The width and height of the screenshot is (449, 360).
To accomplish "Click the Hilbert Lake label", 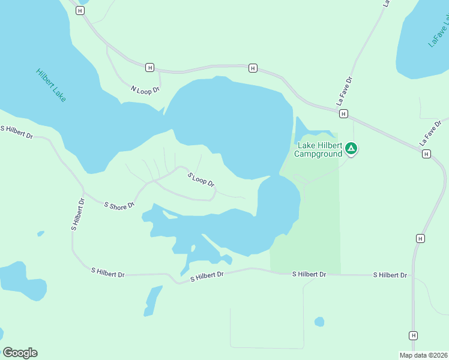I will pyautogui.click(x=51, y=85).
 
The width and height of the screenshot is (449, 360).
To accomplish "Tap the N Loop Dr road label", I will pyautogui.click(x=145, y=89).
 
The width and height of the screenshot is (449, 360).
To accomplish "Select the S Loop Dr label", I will pyautogui.click(x=200, y=179).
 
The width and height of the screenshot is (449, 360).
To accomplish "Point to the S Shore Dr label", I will pyautogui.click(x=119, y=206).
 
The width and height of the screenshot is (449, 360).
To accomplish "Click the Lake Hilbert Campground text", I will pyautogui.click(x=318, y=149).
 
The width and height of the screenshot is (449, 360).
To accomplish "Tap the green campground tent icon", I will pyautogui.click(x=351, y=148).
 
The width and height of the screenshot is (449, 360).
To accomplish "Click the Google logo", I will pyautogui.click(x=20, y=353).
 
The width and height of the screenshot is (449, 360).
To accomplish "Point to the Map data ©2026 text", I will pyautogui.click(x=423, y=355).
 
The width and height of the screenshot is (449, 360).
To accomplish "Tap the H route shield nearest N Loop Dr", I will pyautogui.click(x=149, y=67).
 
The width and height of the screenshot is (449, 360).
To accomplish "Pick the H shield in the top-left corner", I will pyautogui.click(x=80, y=11).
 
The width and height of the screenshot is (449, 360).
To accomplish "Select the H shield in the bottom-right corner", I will pyautogui.click(x=413, y=335).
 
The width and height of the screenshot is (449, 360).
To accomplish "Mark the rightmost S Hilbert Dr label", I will pyautogui.click(x=390, y=275).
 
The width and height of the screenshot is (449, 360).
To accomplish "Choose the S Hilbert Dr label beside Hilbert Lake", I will pyautogui.click(x=16, y=132).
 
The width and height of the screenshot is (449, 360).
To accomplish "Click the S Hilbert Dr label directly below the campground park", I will pyautogui.click(x=309, y=274).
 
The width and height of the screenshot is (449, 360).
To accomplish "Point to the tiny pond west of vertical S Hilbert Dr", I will pyautogui.click(x=40, y=233).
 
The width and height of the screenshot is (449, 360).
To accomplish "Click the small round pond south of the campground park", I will pyautogui.click(x=319, y=322).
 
